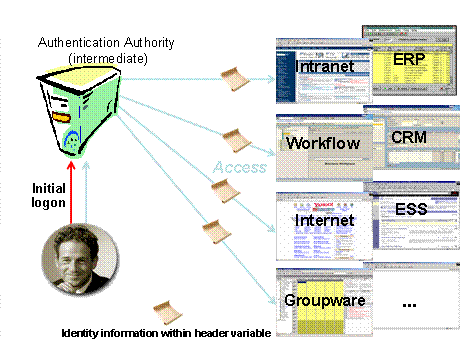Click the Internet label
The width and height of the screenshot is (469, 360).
click(x=326, y=219)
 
